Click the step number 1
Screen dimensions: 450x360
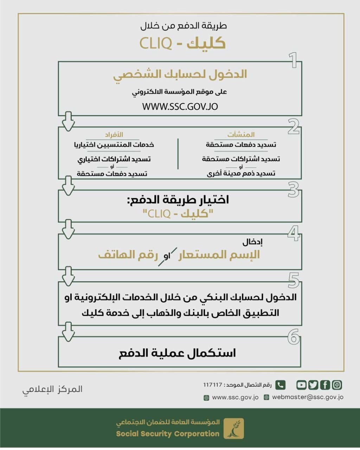click(x=293, y=60)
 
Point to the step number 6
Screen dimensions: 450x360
click(x=294, y=337)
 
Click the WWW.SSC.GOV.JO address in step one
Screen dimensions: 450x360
click(x=180, y=107)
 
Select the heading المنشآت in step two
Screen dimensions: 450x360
click(x=241, y=134)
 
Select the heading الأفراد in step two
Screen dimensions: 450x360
click(x=114, y=135)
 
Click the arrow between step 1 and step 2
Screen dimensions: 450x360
click(x=68, y=121)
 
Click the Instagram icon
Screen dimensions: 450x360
click(x=337, y=385)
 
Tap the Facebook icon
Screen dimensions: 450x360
click(x=325, y=385)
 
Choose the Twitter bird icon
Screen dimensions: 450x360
click(x=313, y=385)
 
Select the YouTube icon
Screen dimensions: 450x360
click(x=301, y=385)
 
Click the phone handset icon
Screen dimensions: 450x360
click(x=280, y=385)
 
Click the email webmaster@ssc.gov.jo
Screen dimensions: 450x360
click(x=308, y=397)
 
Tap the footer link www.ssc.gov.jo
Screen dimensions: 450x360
click(x=235, y=397)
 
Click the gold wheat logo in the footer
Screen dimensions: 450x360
click(x=234, y=428)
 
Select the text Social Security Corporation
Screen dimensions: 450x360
click(x=168, y=434)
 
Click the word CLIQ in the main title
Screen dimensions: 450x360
click(x=155, y=43)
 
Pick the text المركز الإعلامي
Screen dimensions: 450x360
click(x=52, y=389)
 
